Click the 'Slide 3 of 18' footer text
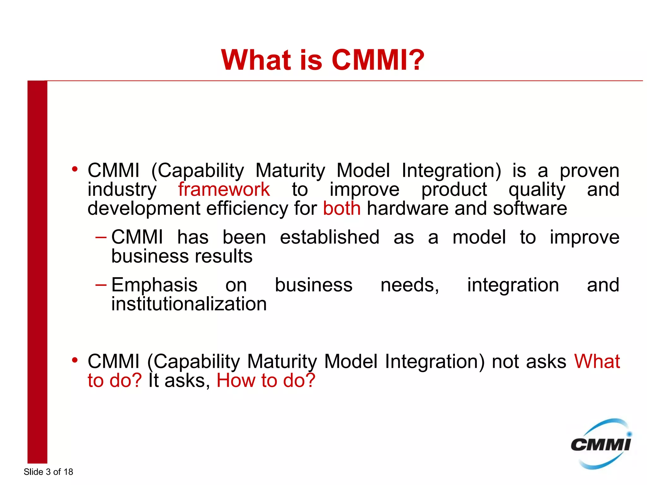pyautogui.click(x=48, y=472)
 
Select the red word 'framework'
pyautogui.click(x=224, y=189)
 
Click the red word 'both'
pyautogui.click(x=342, y=208)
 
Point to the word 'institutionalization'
pyautogui.click(x=189, y=304)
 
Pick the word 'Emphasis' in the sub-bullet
pyautogui.click(x=154, y=285)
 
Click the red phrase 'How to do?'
pyautogui.click(x=266, y=380)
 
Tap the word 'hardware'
pyautogui.click(x=408, y=208)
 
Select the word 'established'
pyautogui.click(x=330, y=237)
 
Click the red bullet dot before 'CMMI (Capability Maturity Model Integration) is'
pyautogui.click(x=75, y=169)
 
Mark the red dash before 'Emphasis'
pyautogui.click(x=101, y=285)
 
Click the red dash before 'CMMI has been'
pyautogui.click(x=101, y=237)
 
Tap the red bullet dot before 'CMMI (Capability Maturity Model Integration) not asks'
pyautogui.click(x=75, y=360)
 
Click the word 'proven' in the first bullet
pyautogui.click(x=589, y=171)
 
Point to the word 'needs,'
pyautogui.click(x=410, y=285)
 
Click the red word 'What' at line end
pyautogui.click(x=597, y=361)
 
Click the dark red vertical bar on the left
pyautogui.click(x=37, y=272)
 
